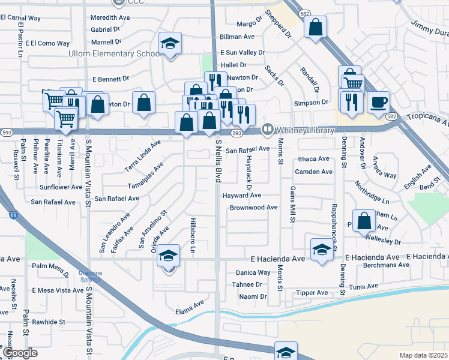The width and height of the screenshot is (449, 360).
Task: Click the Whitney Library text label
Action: click(x=304, y=129)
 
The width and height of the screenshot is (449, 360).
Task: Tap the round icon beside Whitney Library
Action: click(x=268, y=129)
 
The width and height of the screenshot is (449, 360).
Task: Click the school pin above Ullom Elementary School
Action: click(x=170, y=44)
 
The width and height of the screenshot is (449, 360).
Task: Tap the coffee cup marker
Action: click(x=378, y=101)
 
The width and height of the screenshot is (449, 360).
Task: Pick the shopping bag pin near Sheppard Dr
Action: click(x=315, y=27)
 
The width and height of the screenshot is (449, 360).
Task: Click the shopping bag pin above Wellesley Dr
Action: click(x=364, y=221)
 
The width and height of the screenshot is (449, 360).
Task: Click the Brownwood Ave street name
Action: click(x=253, y=208)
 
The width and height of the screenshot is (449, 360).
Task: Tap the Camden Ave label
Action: click(x=313, y=172)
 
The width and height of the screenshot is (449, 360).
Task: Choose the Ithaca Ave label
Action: click(x=313, y=159)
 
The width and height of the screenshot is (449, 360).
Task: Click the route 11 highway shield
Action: click(x=13, y=214)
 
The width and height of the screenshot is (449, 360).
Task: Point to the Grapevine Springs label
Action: click(x=90, y=277)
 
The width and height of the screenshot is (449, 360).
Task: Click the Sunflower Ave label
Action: click(x=61, y=187)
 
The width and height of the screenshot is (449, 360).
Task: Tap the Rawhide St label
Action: click(x=49, y=322)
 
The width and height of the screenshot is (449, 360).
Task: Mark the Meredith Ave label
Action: click(x=110, y=18)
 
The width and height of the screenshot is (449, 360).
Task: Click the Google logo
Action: click(x=20, y=353)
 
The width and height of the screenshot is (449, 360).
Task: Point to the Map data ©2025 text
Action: click(x=423, y=355)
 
